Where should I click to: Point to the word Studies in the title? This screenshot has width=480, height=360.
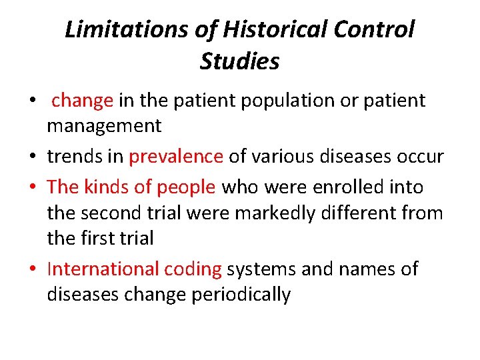point(239,61)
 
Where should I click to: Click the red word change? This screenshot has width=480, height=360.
point(82,101)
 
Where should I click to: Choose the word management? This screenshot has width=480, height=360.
point(104,125)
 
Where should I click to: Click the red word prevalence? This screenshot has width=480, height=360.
point(176,157)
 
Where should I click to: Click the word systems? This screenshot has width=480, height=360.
point(263,270)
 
